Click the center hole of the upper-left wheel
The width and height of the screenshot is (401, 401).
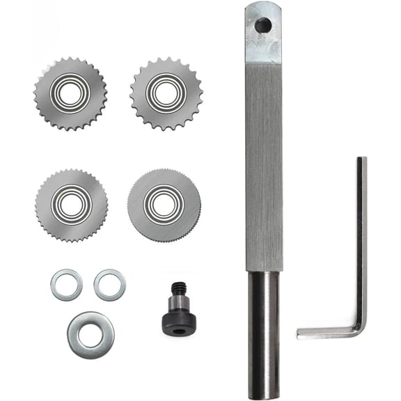70,93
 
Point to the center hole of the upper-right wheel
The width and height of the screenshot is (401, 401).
166,93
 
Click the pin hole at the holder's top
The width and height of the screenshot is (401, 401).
263,26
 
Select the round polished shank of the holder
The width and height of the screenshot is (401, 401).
265,334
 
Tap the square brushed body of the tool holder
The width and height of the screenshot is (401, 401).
264,167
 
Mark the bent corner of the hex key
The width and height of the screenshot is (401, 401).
359,328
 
